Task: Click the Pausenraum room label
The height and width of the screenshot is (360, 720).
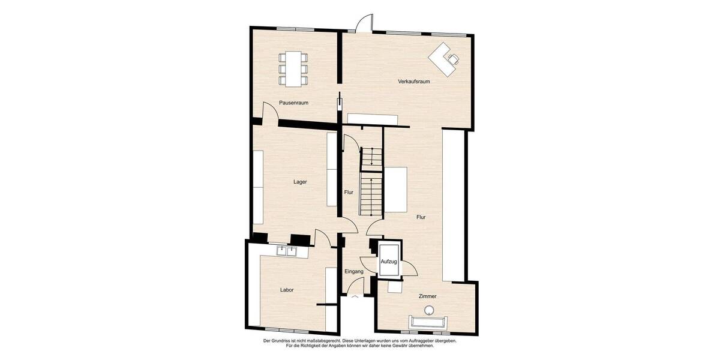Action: tap(293, 103)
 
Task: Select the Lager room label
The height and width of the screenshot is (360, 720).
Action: tap(300, 182)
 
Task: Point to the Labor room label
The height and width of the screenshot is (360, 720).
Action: tap(287, 290)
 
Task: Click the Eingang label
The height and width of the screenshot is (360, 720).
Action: tap(354, 272)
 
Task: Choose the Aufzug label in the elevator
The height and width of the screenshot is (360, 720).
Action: tap(389, 262)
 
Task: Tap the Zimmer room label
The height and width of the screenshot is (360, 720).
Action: tap(427, 297)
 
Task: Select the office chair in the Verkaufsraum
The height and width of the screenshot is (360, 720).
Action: tap(454, 58)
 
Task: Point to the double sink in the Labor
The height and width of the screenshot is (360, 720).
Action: tap(287, 251)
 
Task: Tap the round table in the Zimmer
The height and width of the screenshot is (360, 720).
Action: tap(429, 310)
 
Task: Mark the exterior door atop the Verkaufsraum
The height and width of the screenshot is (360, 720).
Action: tap(363, 24)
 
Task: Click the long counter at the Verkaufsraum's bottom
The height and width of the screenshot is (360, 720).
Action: tap(373, 118)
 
